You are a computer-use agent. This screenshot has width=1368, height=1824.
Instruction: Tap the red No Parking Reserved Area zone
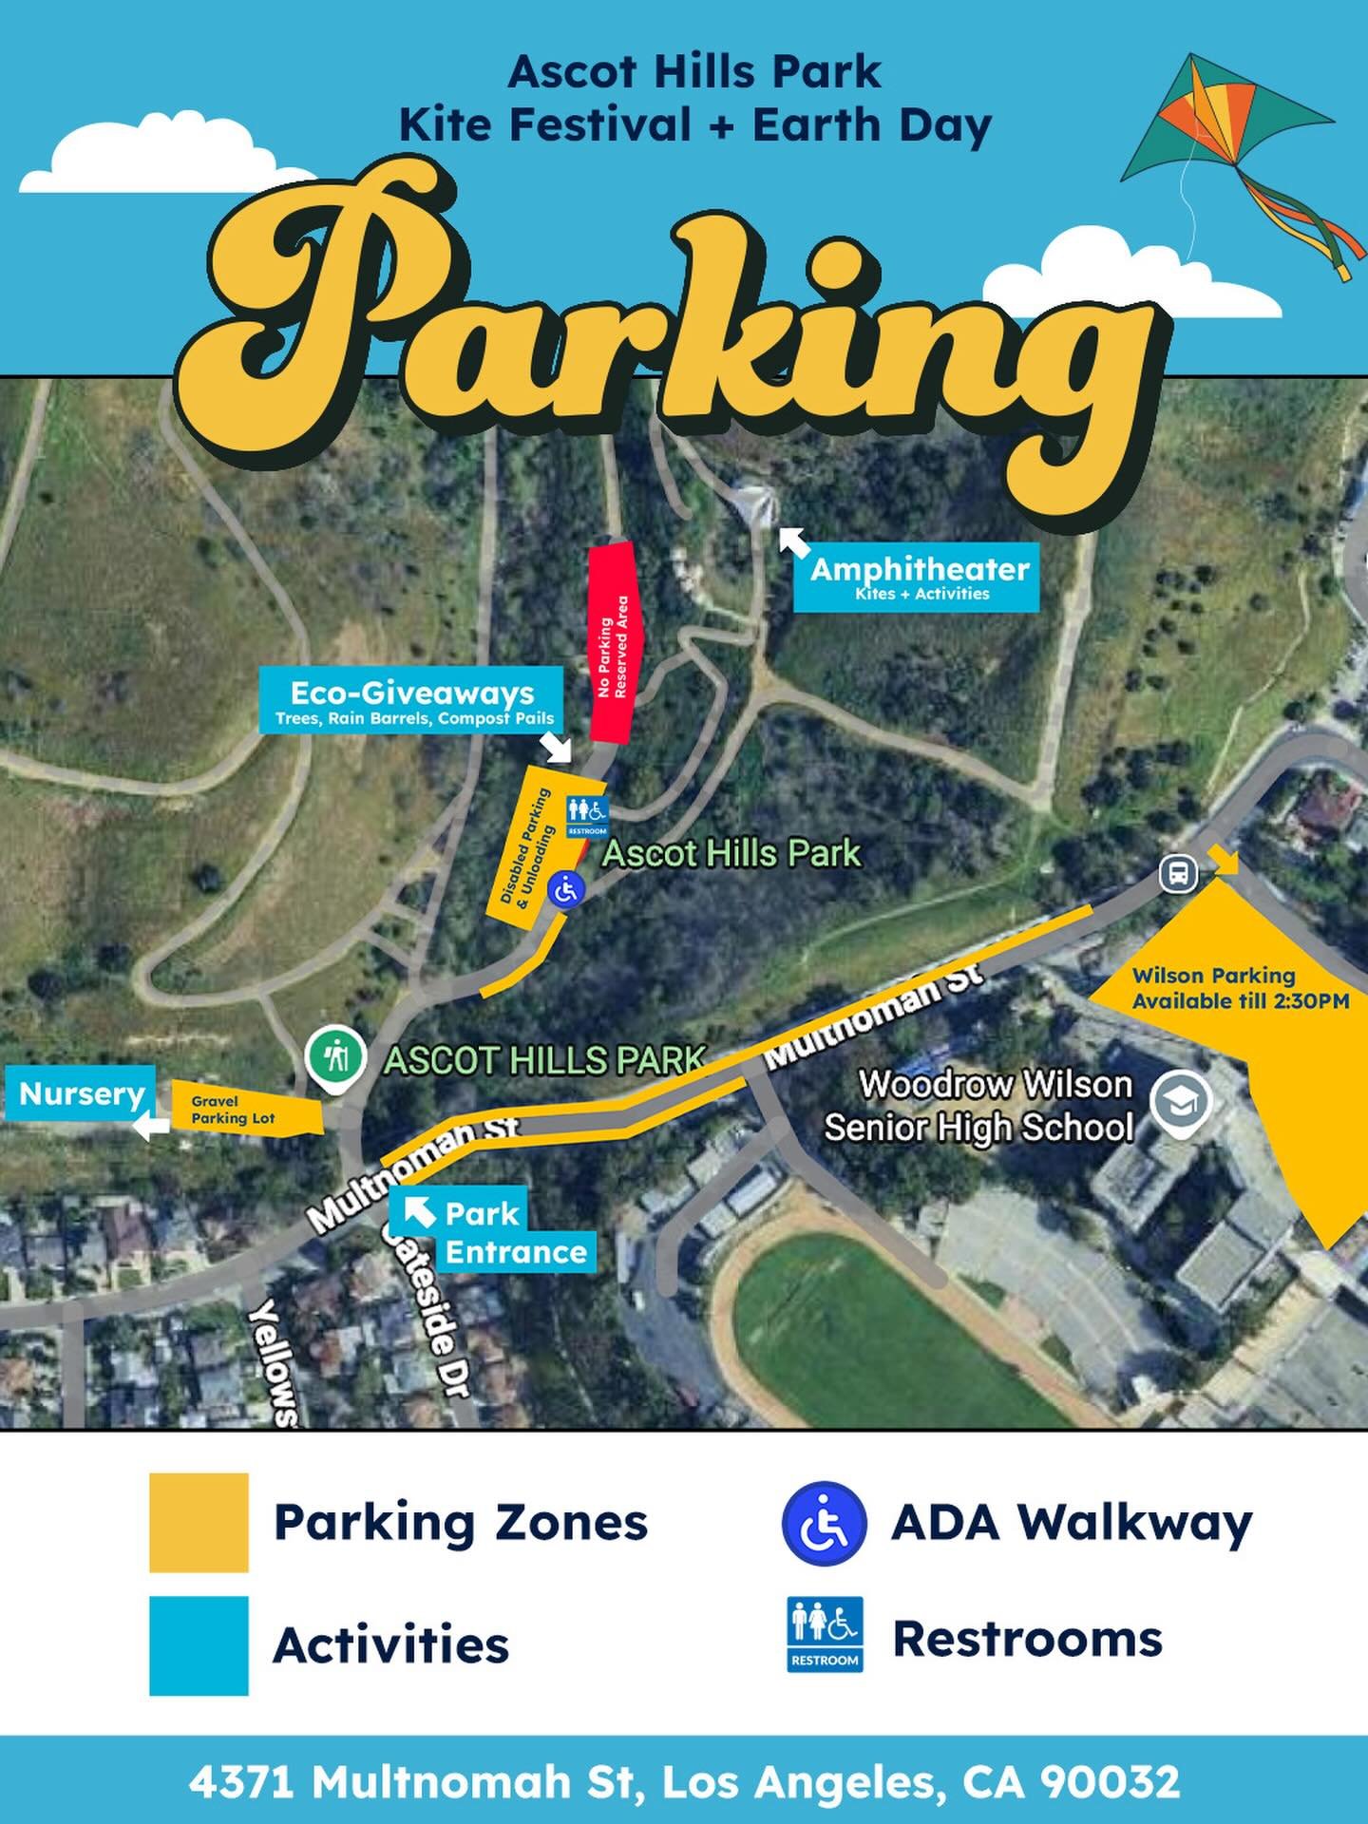pos(614,645)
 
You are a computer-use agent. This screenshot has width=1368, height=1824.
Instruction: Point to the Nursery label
pos(81,1093)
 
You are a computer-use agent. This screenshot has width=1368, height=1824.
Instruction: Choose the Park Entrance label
pos(494,1232)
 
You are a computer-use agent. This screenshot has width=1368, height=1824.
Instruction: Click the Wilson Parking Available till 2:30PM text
pos(1240,988)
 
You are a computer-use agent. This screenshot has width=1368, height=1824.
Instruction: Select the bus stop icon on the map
pos(1178,873)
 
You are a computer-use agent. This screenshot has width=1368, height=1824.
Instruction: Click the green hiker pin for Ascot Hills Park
pos(335,1056)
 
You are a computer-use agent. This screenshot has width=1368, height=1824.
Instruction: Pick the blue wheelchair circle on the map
pos(566,890)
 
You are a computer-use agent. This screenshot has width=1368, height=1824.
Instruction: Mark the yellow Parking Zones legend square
pos(199,1522)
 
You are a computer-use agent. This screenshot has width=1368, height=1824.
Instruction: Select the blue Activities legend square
pos(199,1644)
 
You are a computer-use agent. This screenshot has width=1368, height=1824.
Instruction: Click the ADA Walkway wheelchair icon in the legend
pos(823,1523)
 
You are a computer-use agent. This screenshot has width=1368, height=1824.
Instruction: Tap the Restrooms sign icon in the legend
pos(825,1634)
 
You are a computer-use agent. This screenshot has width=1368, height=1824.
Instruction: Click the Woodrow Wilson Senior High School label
pos(978,1106)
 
